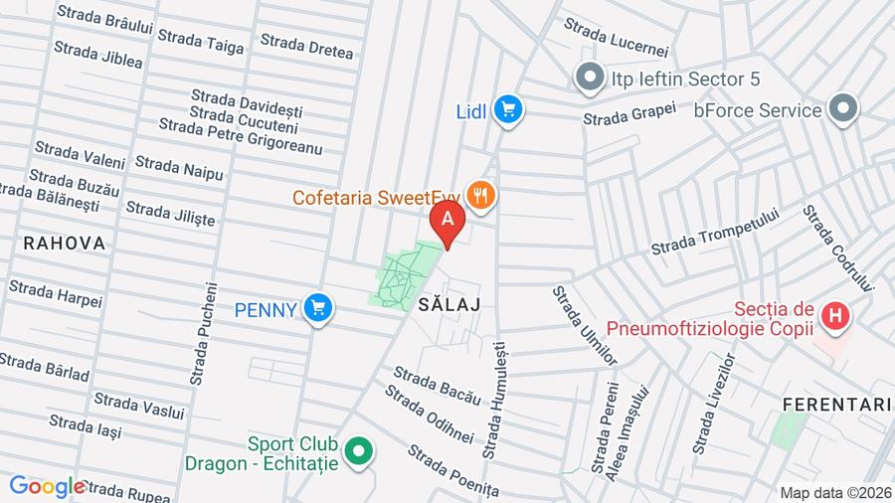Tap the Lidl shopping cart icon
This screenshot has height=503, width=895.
510,109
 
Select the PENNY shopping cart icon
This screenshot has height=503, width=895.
318,309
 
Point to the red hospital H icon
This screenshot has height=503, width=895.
837,317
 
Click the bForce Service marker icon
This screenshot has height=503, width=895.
844,109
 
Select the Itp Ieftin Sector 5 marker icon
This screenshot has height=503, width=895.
590,77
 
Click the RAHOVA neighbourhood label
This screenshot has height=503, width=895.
64,244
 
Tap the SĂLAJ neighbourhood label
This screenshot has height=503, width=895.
449,305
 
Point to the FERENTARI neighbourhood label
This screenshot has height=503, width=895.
835,405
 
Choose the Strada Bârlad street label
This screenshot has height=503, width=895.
46,367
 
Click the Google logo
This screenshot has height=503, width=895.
46,486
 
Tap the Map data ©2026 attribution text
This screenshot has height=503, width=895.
835,493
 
